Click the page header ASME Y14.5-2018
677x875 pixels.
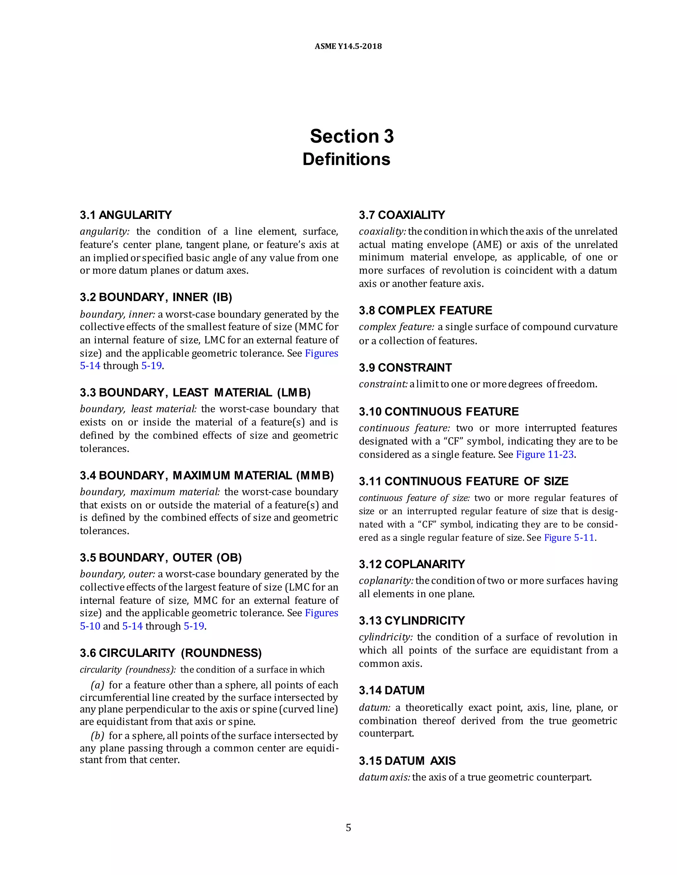[x=348, y=46]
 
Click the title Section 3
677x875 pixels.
[x=352, y=136]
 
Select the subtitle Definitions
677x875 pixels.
[x=346, y=159]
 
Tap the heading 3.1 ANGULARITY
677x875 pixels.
[x=126, y=215]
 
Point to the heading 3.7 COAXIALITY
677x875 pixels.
[x=402, y=215]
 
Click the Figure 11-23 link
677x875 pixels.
[x=545, y=454]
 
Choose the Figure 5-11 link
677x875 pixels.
[x=569, y=537]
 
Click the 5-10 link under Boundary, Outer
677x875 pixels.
[x=90, y=626]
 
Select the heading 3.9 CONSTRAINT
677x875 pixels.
[x=405, y=367]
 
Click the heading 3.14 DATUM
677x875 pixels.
[x=391, y=690]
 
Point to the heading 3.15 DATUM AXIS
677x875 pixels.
[x=407, y=761]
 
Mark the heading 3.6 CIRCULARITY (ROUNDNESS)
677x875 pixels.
[x=171, y=653]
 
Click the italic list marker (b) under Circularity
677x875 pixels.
[x=98, y=736]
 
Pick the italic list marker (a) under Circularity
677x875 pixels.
[x=98, y=685]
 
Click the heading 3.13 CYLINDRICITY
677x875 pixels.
[x=412, y=621]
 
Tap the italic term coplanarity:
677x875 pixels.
[x=386, y=580]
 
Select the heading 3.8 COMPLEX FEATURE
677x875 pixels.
[x=425, y=310]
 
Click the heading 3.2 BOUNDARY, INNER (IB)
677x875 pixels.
[x=156, y=297]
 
